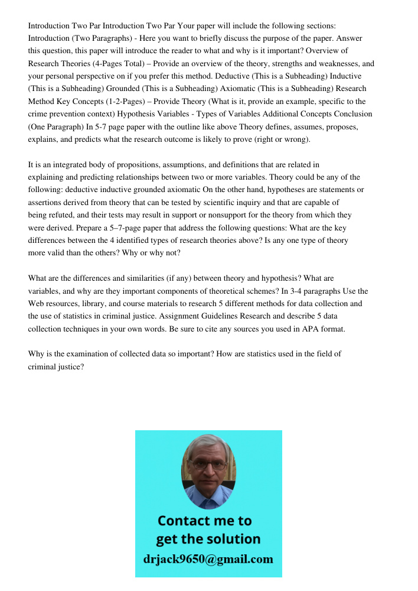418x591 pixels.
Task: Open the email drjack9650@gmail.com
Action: click(x=208, y=559)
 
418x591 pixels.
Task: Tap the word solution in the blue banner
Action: click(x=232, y=539)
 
